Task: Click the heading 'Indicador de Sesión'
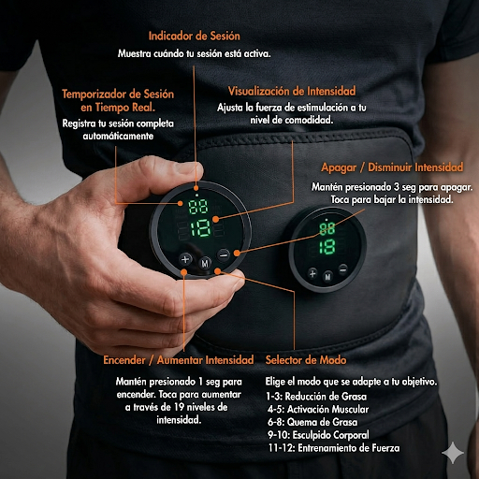click(195, 36)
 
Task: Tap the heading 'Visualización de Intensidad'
click(292, 91)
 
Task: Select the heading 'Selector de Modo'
click(306, 360)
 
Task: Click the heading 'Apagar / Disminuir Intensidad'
click(392, 167)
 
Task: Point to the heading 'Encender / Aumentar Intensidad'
click(179, 360)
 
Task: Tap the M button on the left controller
click(205, 264)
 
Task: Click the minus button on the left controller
click(224, 255)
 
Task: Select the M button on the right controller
click(327, 276)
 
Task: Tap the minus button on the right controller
click(343, 269)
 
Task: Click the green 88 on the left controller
click(197, 207)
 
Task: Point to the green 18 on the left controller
click(200, 228)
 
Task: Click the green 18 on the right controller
click(327, 247)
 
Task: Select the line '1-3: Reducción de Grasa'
click(316, 397)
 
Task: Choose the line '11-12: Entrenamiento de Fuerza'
click(334, 448)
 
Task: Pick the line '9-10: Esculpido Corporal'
click(318, 435)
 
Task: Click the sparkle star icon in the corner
click(453, 453)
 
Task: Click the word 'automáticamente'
click(118, 136)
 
